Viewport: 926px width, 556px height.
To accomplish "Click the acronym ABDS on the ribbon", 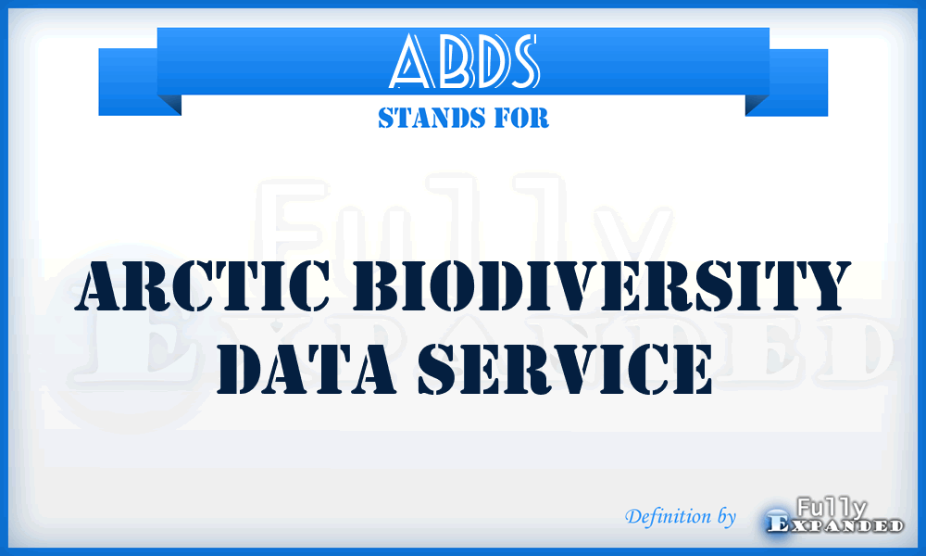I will (x=463, y=62).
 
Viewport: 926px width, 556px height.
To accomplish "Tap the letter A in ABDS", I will (x=409, y=63).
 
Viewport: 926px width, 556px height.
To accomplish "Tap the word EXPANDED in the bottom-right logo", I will (x=835, y=525).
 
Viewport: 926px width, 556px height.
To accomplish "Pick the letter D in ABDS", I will (x=482, y=63).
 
